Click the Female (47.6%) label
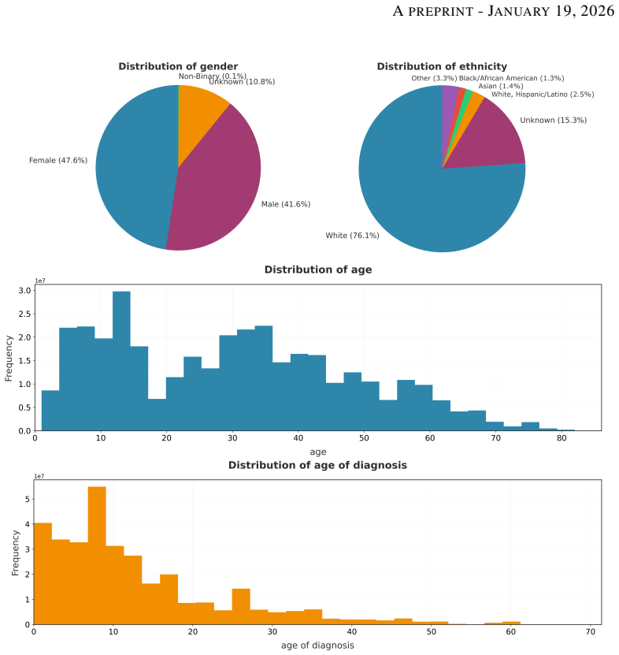coord(58,161)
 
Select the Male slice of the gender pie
coord(217,184)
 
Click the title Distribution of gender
coord(178,66)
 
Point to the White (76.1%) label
coord(352,236)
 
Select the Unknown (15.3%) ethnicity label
coord(554,121)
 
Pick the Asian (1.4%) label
coord(501,86)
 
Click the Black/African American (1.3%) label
coord(512,78)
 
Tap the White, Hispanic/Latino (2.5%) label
coord(543,95)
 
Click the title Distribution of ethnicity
coord(442,66)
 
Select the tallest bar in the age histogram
coord(121,361)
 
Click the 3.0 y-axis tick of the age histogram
coord(24,290)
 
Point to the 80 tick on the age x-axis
coord(562,437)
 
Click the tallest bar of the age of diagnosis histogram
coord(97,556)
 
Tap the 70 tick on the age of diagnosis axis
coord(590,631)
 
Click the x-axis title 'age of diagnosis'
coord(317,646)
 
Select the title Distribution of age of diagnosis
coord(317,465)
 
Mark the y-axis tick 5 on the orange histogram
coord(27,499)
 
